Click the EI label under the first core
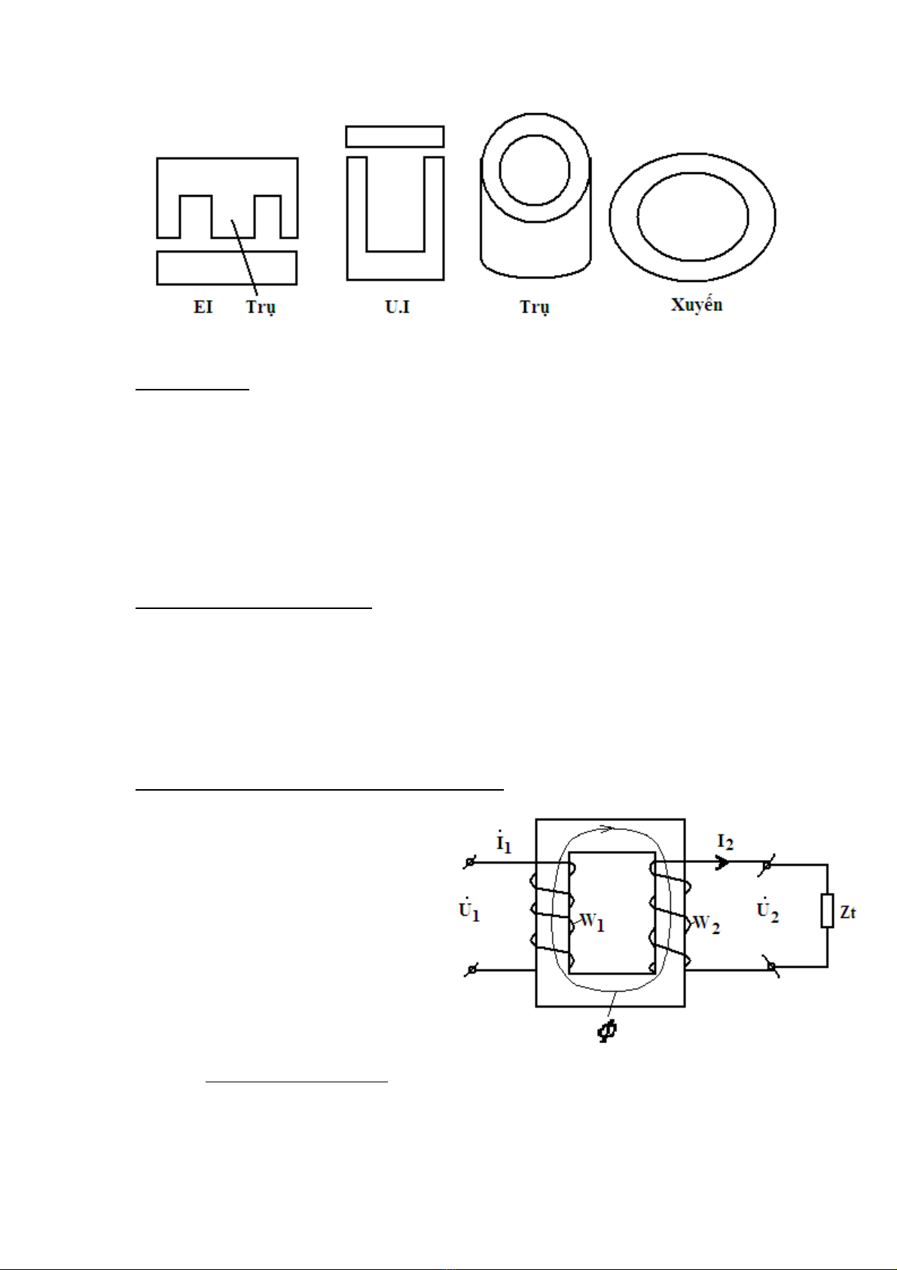[203, 307]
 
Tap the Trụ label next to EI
[261, 308]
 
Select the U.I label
[397, 307]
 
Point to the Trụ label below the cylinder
[535, 308]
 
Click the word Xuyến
[697, 304]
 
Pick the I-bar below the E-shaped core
[227, 268]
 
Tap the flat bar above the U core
[395, 136]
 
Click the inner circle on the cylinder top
[534, 170]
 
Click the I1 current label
[504, 843]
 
